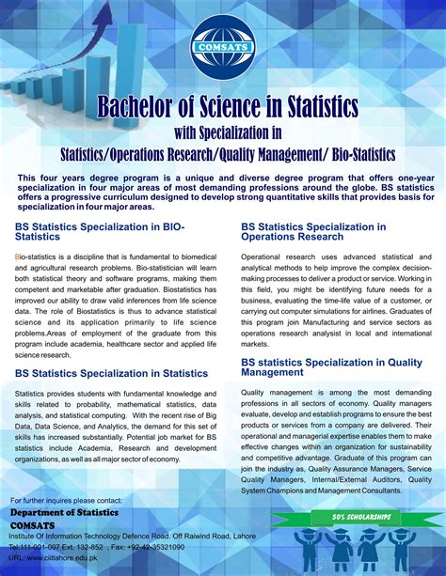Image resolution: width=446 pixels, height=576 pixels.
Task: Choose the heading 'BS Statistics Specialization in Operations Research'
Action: [313, 231]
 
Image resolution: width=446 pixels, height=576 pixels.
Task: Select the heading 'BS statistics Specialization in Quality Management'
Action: [319, 366]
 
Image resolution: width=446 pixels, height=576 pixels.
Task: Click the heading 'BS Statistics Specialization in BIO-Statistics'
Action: [100, 231]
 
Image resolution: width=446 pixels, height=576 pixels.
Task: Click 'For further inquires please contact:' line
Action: [66, 500]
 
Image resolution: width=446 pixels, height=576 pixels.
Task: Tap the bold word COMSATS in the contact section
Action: [33, 525]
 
